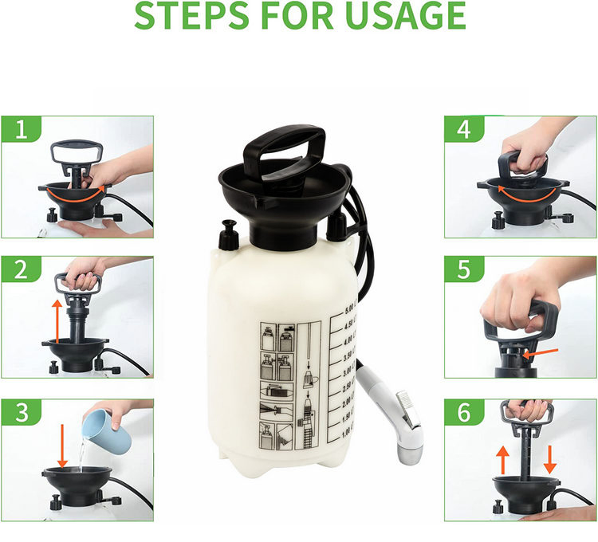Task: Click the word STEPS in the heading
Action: tap(190, 16)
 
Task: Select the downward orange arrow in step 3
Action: tap(61, 446)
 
